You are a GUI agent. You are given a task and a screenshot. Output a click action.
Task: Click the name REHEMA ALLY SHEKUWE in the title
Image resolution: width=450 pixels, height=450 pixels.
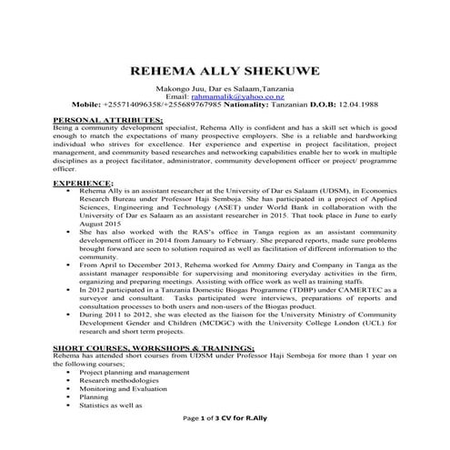click(225, 68)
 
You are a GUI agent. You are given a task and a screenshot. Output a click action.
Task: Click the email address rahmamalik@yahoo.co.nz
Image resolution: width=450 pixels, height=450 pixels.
click(224, 95)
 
